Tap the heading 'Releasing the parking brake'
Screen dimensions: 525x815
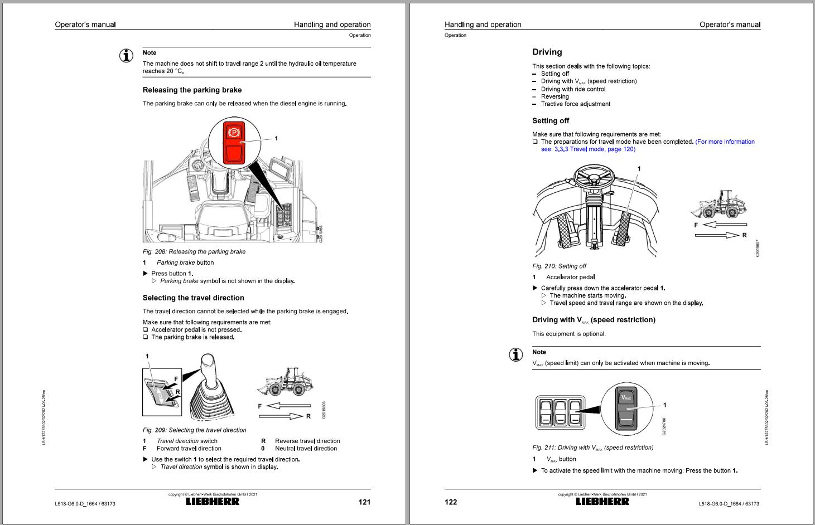coord(192,90)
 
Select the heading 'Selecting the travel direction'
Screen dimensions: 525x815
coord(193,298)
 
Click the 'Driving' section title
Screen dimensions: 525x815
coord(547,52)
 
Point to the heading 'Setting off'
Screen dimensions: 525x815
coord(550,120)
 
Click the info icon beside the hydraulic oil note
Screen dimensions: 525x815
coord(127,56)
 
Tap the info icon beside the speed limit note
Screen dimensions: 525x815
coord(516,354)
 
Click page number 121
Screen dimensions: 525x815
coord(364,502)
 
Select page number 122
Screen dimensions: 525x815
coord(451,502)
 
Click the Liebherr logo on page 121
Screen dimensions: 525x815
coord(213,501)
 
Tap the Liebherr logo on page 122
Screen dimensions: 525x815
coord(602,501)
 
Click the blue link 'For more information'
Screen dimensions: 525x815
coord(725,142)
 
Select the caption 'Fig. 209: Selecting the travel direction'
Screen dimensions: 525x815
coord(194,430)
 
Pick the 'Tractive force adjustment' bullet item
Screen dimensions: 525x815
coord(575,104)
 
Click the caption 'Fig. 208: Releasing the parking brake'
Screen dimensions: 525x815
coord(194,251)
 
